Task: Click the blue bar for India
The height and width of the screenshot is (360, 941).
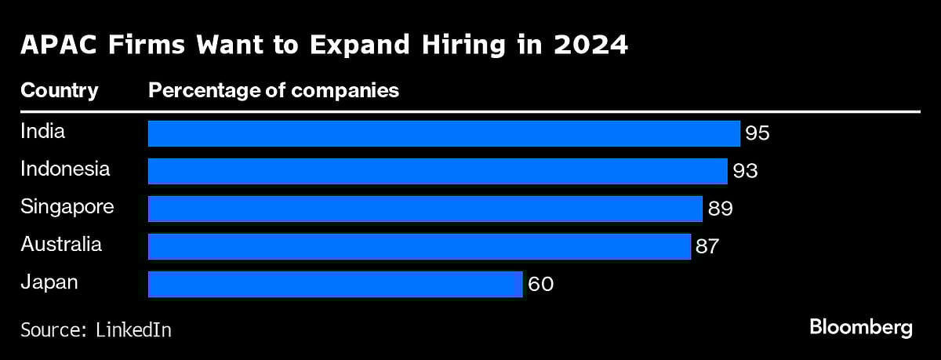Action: pyautogui.click(x=444, y=133)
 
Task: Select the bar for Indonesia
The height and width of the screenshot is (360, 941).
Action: pyautogui.click(x=438, y=171)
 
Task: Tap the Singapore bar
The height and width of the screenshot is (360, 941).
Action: pyautogui.click(x=425, y=209)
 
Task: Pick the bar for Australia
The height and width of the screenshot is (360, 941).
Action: pyautogui.click(x=419, y=246)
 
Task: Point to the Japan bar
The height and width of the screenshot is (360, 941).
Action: pyautogui.click(x=335, y=284)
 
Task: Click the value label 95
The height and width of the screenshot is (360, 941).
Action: pyautogui.click(x=758, y=133)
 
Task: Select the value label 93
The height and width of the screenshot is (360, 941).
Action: pyautogui.click(x=745, y=171)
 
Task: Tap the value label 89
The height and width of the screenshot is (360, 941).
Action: pyautogui.click(x=720, y=209)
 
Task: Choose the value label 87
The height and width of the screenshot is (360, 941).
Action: pyautogui.click(x=707, y=246)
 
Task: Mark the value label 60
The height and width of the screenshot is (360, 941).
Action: pyautogui.click(x=541, y=284)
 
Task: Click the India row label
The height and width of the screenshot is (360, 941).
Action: pyautogui.click(x=42, y=131)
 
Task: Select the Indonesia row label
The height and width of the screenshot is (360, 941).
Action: pyautogui.click(x=65, y=169)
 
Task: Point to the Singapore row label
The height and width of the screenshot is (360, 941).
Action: pyautogui.click(x=67, y=207)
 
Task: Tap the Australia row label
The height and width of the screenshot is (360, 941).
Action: pyautogui.click(x=61, y=245)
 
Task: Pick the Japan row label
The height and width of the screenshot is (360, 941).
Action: pyautogui.click(x=49, y=282)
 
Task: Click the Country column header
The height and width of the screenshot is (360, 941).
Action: pyautogui.click(x=60, y=91)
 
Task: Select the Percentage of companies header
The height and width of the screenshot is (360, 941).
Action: pyautogui.click(x=274, y=91)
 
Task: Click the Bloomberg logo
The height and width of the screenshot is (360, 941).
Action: pyautogui.click(x=860, y=327)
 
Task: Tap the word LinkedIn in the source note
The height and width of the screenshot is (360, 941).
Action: pyautogui.click(x=133, y=329)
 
